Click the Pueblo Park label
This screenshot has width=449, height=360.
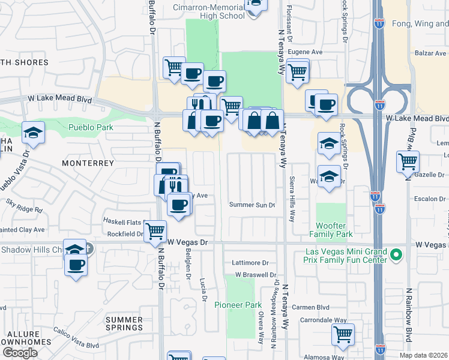pyautogui.click(x=91, y=127)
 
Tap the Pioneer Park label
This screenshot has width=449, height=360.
pyautogui.click(x=238, y=305)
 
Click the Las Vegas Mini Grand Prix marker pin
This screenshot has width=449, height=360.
pyautogui.click(x=396, y=255)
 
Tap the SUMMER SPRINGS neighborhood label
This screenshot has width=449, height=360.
pyautogui.click(x=124, y=323)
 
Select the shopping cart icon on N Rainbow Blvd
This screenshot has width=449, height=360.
pyautogui.click(x=408, y=161)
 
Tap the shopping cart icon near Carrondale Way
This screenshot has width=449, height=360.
pyautogui.click(x=343, y=334)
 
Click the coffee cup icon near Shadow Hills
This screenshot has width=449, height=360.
pyautogui.click(x=76, y=265)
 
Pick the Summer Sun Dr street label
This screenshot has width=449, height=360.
pyautogui.click(x=252, y=205)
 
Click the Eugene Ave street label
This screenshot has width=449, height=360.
pyautogui.click(x=305, y=52)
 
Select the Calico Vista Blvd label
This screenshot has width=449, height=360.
pyautogui.click(x=76, y=346)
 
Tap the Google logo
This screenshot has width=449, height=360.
pyautogui.click(x=19, y=353)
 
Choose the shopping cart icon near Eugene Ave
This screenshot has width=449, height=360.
pyautogui.click(x=298, y=71)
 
